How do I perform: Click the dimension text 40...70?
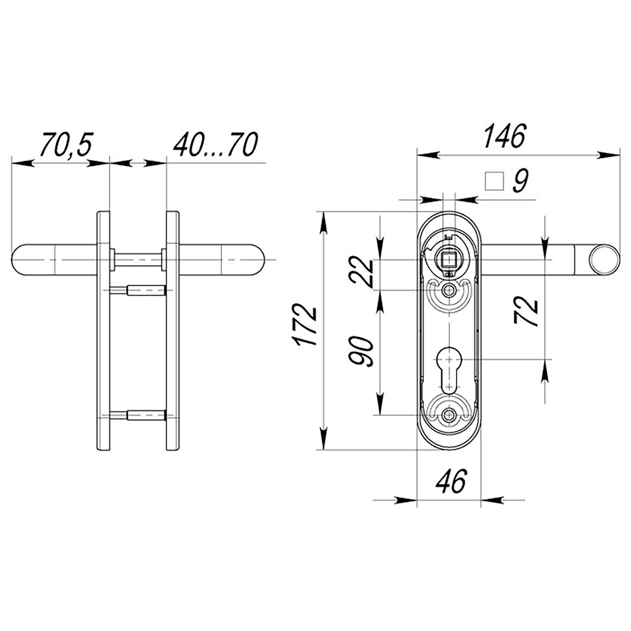coord(215,144)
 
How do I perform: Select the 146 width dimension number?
coord(504,137)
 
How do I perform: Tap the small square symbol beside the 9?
coord(494,181)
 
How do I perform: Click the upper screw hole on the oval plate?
coord(449,290)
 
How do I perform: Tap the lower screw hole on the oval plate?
coord(449,415)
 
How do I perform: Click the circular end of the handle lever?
coord(604,260)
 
